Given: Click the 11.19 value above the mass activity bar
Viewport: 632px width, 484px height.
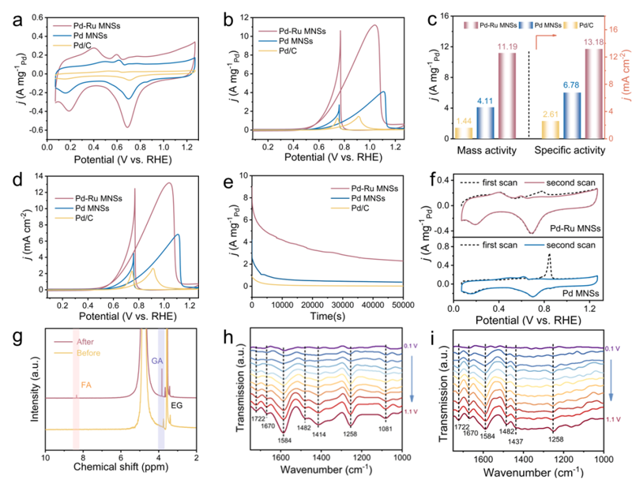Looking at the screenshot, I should (506, 47).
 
